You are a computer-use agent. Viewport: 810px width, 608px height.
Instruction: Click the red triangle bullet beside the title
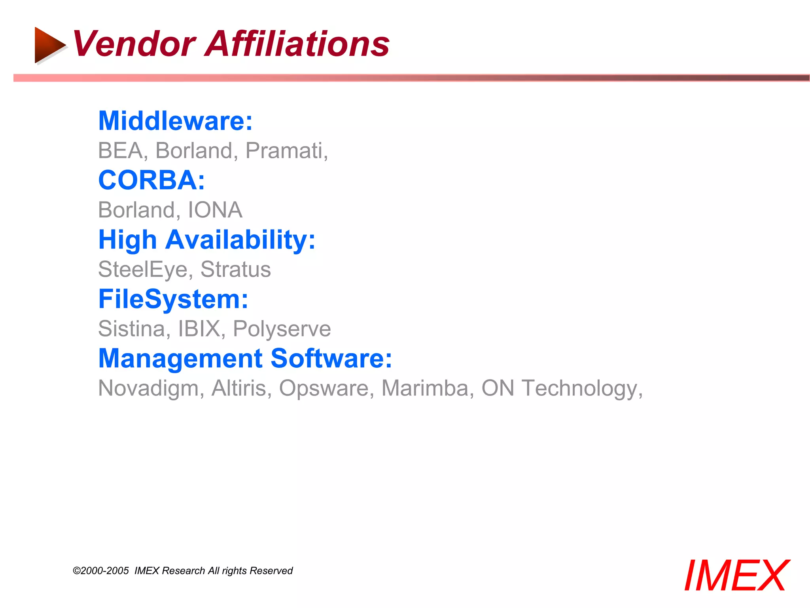(49, 45)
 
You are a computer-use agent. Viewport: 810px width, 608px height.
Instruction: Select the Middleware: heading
(175, 121)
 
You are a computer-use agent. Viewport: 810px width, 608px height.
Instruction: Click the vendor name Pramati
(286, 151)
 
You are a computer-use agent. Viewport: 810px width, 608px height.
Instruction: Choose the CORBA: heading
(151, 180)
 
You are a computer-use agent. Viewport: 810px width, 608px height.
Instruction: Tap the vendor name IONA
(215, 210)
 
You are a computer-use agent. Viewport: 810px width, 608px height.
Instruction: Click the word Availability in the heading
(240, 240)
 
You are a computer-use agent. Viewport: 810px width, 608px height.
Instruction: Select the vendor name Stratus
(235, 270)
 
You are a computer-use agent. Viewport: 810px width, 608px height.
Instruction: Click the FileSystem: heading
(173, 299)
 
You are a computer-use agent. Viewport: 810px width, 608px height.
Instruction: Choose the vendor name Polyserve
(282, 329)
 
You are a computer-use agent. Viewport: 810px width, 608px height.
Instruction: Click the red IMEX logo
(736, 576)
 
